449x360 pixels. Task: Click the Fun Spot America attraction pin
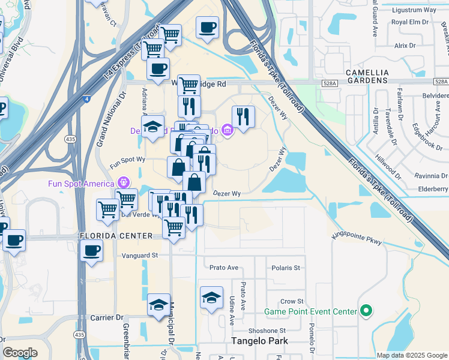(x=124, y=181)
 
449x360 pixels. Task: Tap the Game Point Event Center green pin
(x=365, y=311)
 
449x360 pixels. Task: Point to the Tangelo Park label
(x=260, y=341)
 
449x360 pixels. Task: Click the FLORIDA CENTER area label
(x=116, y=236)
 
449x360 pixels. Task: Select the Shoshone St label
(x=268, y=331)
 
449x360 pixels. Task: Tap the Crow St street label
(x=292, y=301)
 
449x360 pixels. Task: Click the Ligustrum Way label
(x=413, y=10)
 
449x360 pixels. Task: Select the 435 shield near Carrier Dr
(x=79, y=334)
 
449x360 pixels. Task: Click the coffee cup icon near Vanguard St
(x=91, y=250)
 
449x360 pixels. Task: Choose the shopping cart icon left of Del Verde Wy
(x=107, y=209)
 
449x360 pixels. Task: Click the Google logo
(x=20, y=353)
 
